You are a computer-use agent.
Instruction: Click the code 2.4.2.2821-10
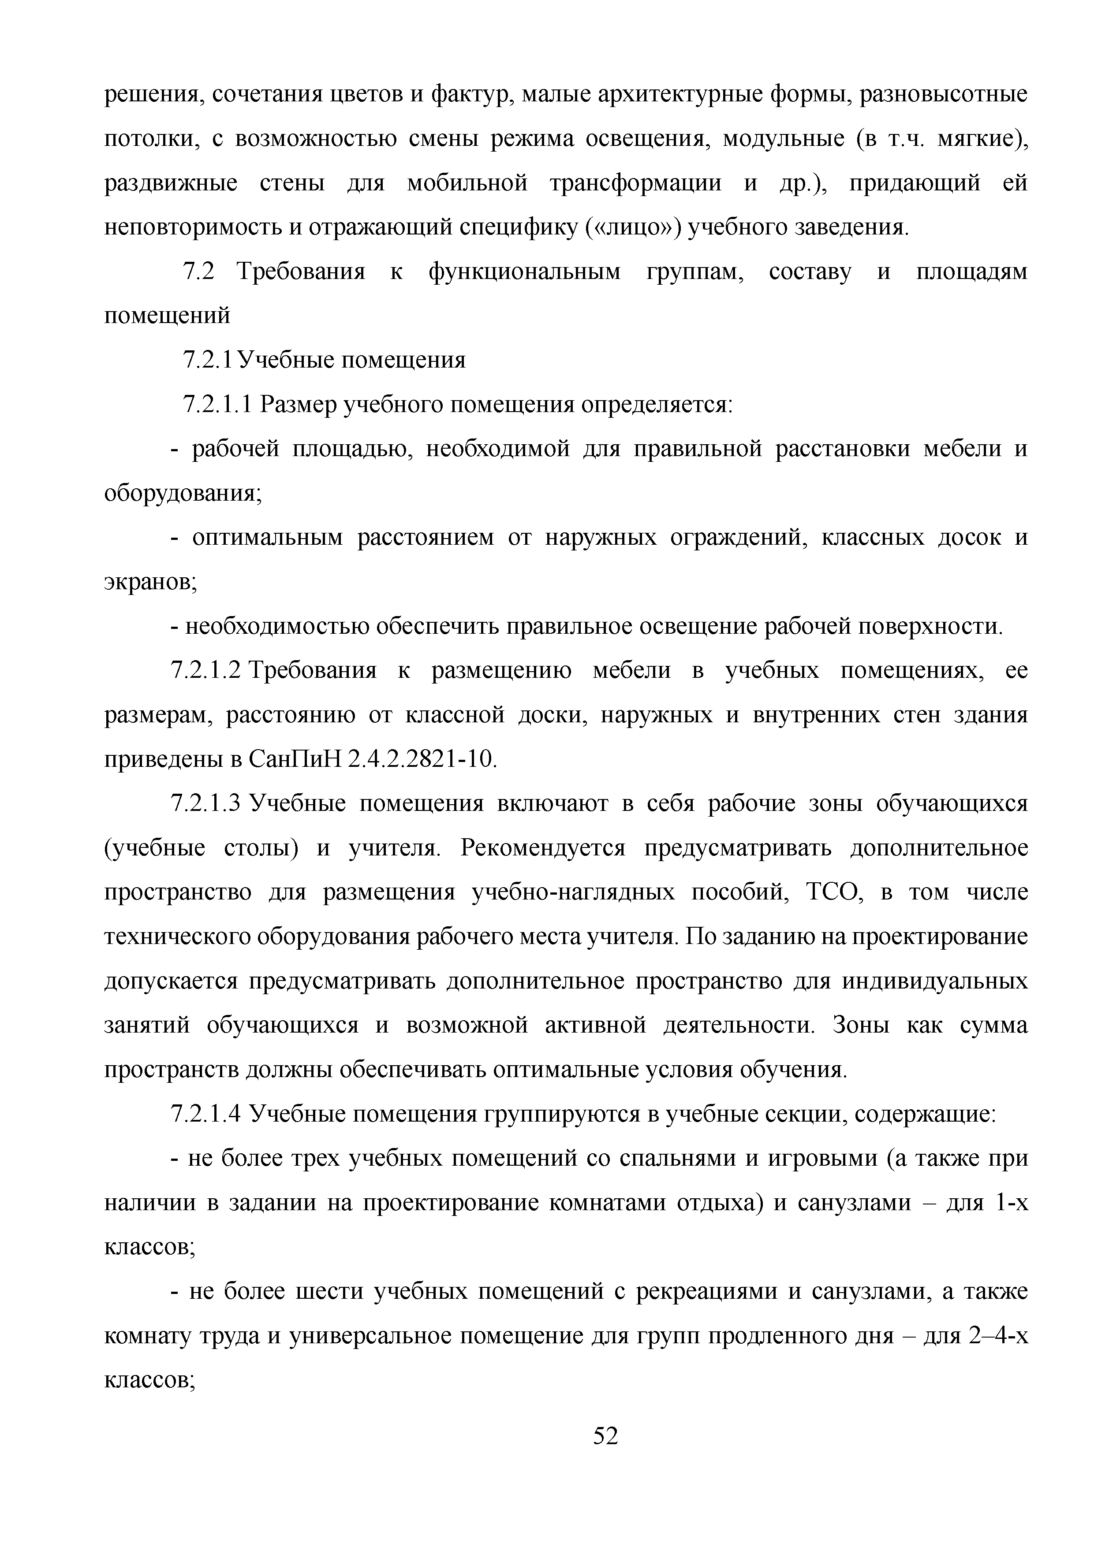coord(422,759)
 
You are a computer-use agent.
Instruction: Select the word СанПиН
coord(295,759)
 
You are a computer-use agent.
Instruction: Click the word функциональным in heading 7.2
coord(524,272)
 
